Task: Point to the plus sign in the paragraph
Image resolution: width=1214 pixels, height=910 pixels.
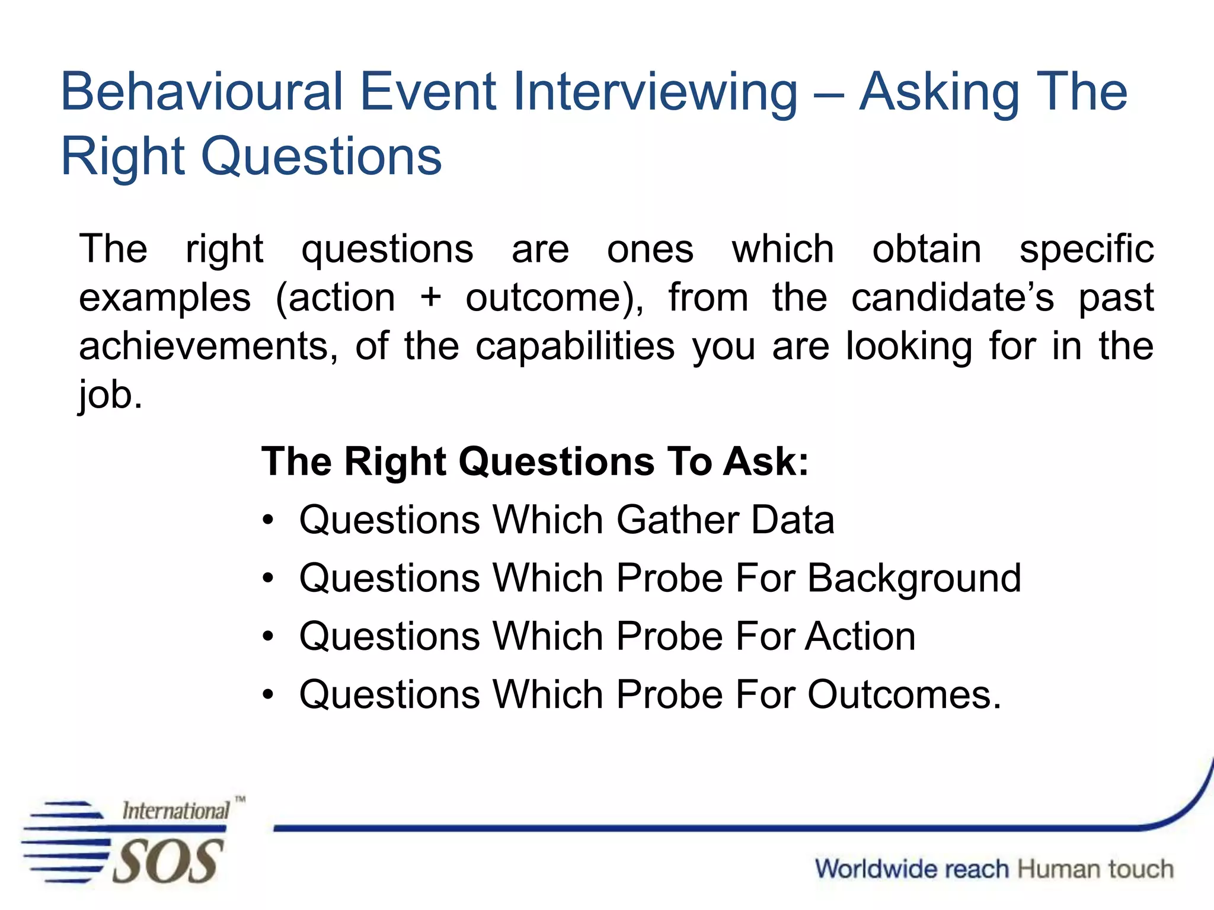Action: coord(430,297)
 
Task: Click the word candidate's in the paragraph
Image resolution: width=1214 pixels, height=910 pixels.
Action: coord(953,297)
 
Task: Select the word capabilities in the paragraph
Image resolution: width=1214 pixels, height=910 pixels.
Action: coord(575,347)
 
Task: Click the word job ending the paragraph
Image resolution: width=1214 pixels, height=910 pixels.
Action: coord(110,396)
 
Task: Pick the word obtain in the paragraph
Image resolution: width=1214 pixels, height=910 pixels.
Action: coord(927,249)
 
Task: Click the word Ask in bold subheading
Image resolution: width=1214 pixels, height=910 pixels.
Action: coord(765,462)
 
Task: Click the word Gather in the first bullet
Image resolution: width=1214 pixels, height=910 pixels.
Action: coord(677,520)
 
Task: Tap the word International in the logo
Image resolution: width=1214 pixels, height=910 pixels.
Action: coord(175,811)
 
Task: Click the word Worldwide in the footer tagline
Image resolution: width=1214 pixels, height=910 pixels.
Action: coord(912,869)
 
